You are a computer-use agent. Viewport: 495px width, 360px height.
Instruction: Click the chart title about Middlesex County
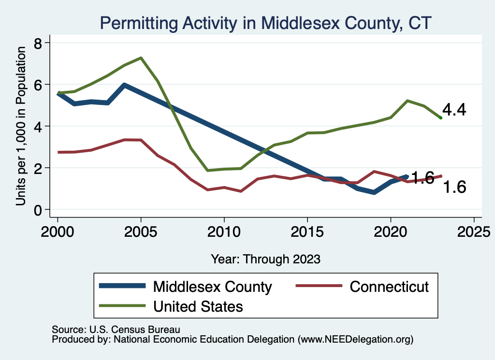pyautogui.click(x=265, y=23)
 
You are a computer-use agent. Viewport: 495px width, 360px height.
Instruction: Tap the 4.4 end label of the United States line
pyautogui.click(x=454, y=110)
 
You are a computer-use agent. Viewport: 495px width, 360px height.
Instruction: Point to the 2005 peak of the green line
pyautogui.click(x=141, y=58)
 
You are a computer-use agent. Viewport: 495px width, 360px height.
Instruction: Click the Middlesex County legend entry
pyautogui.click(x=212, y=287)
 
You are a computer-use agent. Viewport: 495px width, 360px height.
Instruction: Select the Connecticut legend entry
pyautogui.click(x=389, y=287)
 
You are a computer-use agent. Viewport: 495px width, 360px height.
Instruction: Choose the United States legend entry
pyautogui.click(x=198, y=306)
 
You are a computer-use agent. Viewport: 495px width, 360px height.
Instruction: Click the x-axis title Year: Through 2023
pyautogui.click(x=265, y=259)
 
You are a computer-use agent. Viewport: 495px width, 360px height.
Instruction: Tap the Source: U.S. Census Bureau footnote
pyautogui.click(x=116, y=330)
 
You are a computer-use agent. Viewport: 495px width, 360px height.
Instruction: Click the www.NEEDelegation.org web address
pyautogui.click(x=356, y=339)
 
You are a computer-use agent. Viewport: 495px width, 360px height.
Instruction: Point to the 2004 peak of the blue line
pyautogui.click(x=124, y=85)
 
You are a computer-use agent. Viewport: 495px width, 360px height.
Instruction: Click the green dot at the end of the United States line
pyautogui.click(x=440, y=117)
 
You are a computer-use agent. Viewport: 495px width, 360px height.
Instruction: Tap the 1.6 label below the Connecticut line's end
pyautogui.click(x=454, y=187)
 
